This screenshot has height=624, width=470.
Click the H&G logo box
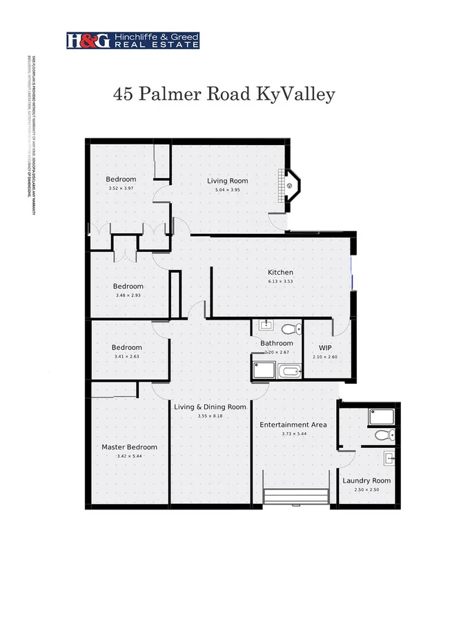pos(88,41)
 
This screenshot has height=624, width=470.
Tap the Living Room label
pos(227,181)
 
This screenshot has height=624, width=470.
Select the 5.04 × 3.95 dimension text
pos(227,190)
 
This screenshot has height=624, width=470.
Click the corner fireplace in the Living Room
pos(291,184)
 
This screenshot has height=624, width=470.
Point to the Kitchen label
pos(280,273)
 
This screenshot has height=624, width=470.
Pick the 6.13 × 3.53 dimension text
pos(280,282)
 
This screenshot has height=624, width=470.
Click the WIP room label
pos(326,347)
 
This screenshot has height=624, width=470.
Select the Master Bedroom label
pos(129,447)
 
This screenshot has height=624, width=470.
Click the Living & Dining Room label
pos(210,407)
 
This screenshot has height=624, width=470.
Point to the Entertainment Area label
pos(293,425)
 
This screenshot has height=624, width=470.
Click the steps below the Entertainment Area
pos(296,498)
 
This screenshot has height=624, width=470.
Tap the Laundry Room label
pos(366,480)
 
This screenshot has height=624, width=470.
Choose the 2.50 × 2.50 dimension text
pos(366,489)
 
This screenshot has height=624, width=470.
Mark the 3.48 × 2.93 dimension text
pos(128,295)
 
